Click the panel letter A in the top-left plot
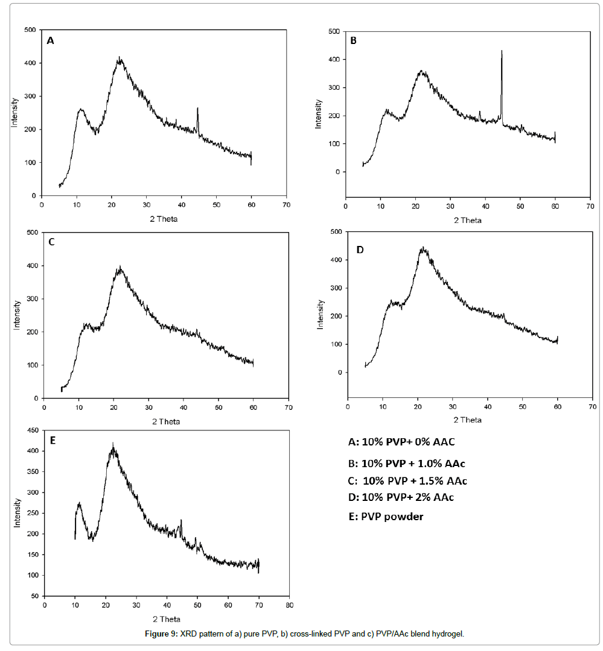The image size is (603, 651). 50,41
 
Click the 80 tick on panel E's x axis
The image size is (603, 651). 290,606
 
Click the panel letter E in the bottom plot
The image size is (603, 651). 53,441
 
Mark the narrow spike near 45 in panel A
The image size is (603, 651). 197,110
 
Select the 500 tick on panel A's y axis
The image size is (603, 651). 30,30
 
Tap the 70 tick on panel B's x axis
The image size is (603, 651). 589,206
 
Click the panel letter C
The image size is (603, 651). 51,242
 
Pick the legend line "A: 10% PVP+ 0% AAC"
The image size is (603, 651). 401,442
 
